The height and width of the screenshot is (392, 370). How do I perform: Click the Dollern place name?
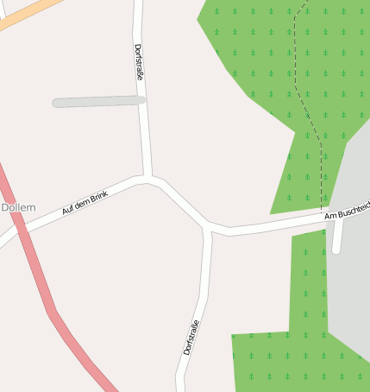click(x=18, y=208)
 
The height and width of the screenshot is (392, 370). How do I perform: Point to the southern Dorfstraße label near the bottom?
click(x=191, y=338)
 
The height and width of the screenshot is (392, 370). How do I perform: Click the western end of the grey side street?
click(x=55, y=104)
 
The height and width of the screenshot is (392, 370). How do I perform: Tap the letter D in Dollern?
click(x=5, y=208)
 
